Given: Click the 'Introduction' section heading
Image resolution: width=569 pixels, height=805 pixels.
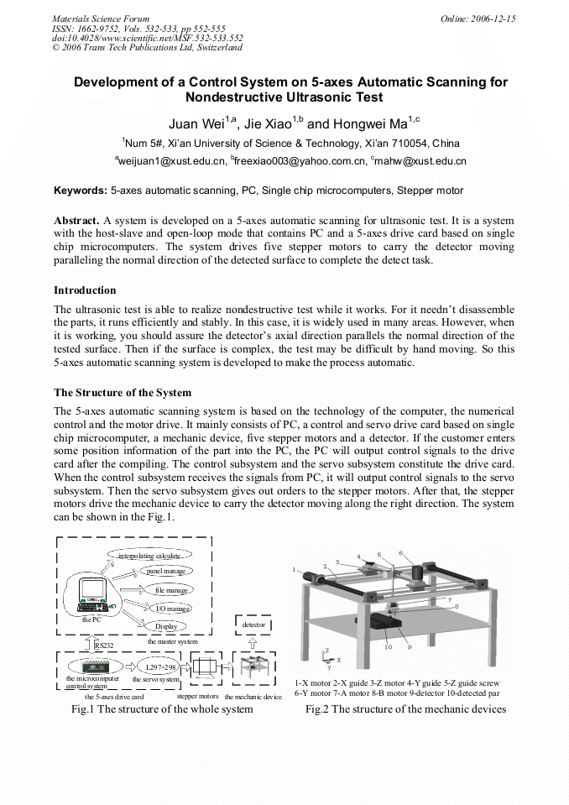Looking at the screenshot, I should pos(85,290).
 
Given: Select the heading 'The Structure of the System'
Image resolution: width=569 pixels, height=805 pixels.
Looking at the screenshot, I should pos(123,393).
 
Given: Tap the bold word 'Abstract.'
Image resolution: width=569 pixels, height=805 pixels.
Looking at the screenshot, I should pos(76,219).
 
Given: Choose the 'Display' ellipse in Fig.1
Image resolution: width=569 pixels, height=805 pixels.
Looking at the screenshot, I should pos(164,626).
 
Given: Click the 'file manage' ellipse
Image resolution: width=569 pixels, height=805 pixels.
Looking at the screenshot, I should pos(170,590).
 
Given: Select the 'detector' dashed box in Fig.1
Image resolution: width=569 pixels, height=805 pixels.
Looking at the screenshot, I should pos(253,625).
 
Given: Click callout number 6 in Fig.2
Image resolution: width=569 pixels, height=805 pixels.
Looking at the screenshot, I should pos(401,553).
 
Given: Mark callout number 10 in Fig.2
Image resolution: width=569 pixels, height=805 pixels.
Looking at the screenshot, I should pos(388,647).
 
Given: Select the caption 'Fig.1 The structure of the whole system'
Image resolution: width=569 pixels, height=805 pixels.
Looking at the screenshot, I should pos(162,709).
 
